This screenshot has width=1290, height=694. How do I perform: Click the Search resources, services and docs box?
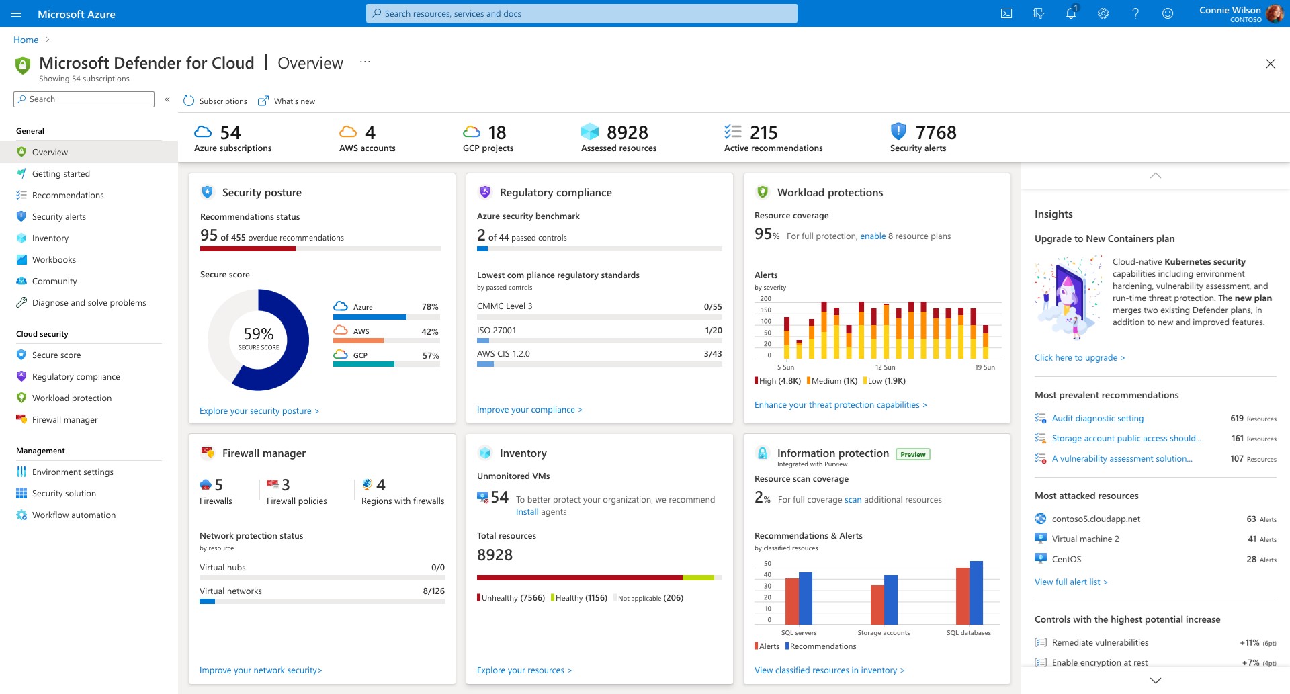[582, 13]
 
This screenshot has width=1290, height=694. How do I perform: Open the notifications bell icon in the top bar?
[1071, 13]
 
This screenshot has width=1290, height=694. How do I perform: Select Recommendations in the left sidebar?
[68, 195]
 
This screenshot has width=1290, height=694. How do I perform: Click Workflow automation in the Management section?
[74, 515]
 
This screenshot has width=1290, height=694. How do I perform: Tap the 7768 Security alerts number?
[935, 132]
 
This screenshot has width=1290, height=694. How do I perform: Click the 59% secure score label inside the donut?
[258, 334]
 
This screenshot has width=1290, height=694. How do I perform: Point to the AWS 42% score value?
[429, 331]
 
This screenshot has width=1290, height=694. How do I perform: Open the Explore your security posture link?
[259, 410]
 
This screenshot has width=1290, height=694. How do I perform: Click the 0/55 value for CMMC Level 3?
[712, 306]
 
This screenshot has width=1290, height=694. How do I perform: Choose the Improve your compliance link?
[529, 409]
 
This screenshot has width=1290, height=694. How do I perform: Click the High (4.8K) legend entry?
[778, 381]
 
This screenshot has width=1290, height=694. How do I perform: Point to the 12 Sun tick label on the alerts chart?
[885, 367]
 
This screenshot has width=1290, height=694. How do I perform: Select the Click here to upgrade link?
[1079, 357]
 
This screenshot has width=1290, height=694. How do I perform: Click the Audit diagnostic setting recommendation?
[1097, 418]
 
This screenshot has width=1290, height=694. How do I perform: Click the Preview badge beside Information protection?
[912, 454]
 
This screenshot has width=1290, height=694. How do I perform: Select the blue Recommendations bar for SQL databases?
[976, 593]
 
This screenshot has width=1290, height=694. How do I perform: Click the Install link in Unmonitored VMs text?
[527, 511]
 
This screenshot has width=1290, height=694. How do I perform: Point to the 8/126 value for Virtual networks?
[433, 591]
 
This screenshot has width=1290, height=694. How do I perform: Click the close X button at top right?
[1270, 64]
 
